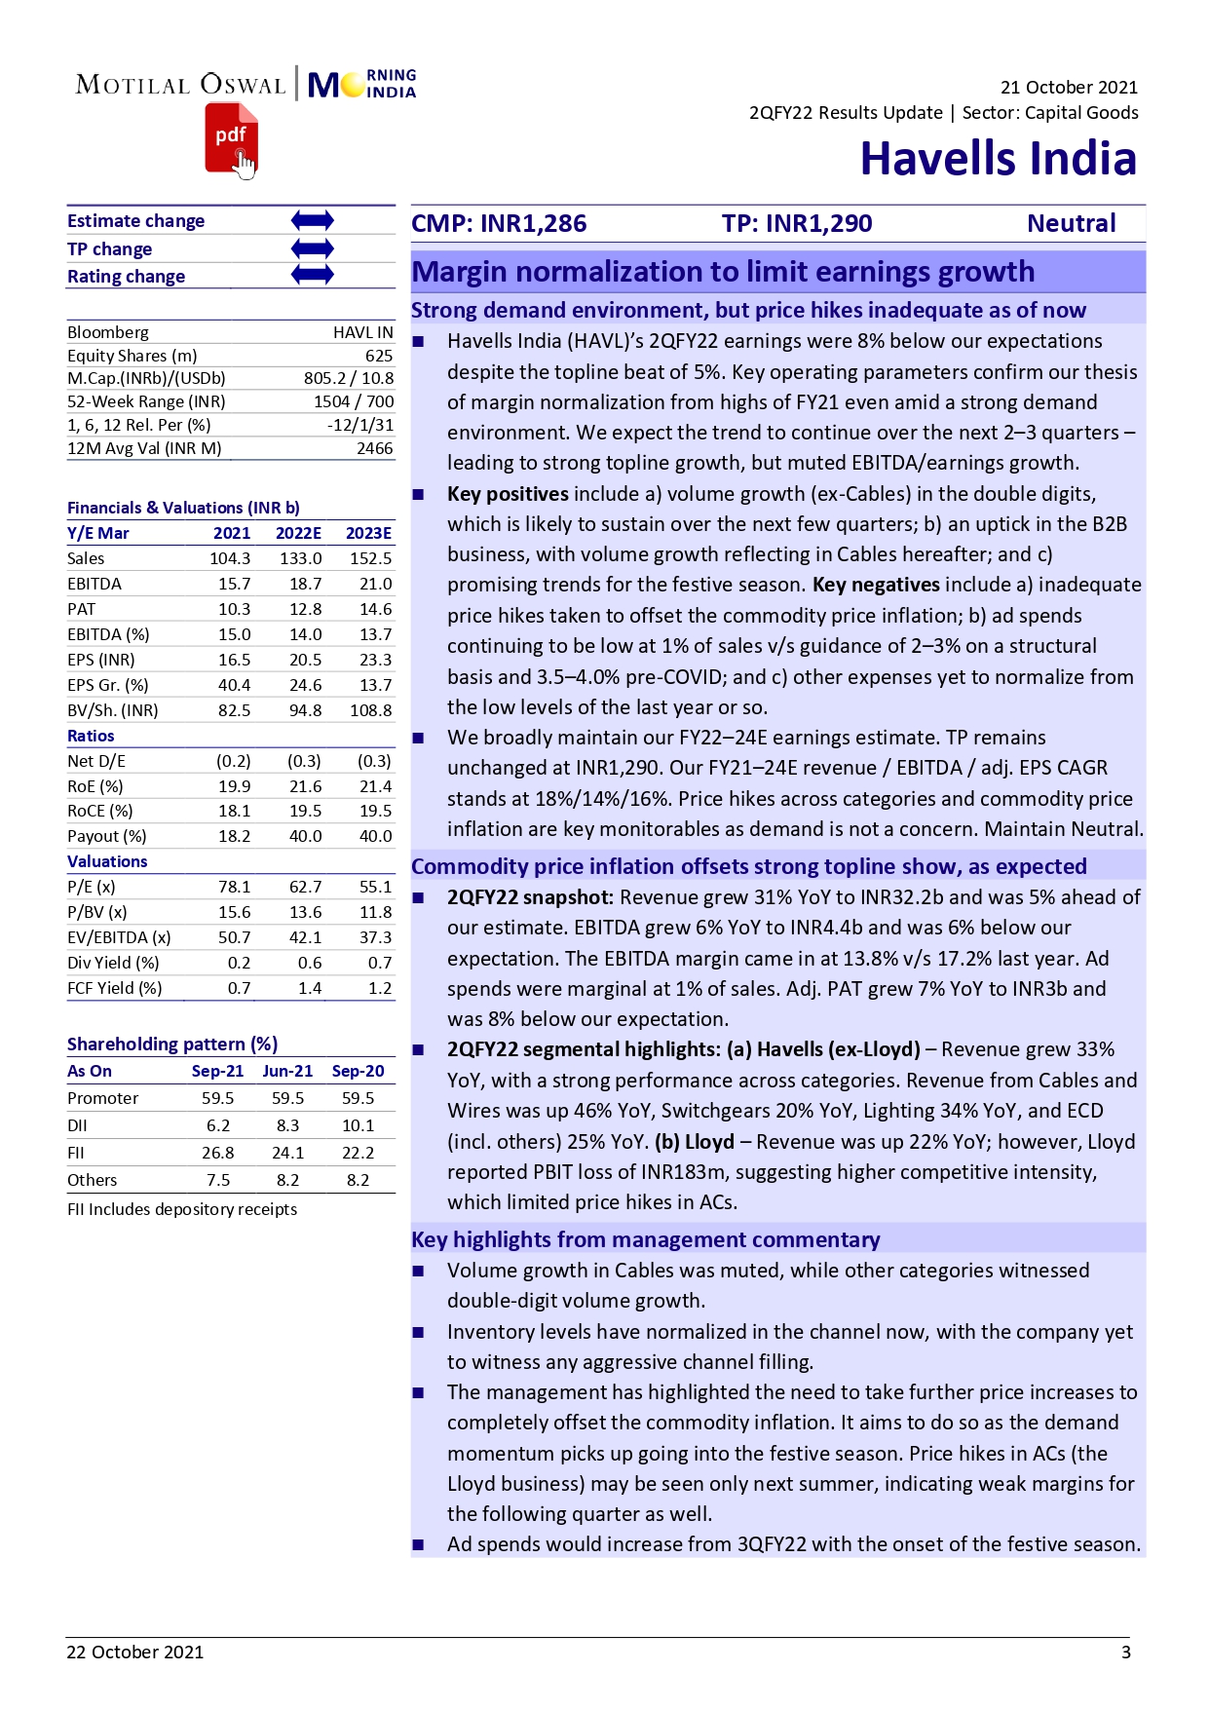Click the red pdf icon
[231, 139]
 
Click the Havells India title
[998, 159]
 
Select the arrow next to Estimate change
[312, 221]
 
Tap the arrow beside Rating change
[312, 276]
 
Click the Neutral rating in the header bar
[1071, 224]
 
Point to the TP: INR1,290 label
[796, 224]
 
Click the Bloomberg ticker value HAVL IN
[362, 332]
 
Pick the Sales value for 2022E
[300, 558]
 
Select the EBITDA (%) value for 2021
[234, 634]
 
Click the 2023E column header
[368, 533]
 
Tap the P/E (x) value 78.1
[234, 887]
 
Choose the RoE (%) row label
[94, 786]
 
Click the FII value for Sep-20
[358, 1153]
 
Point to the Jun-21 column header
[287, 1071]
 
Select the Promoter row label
[102, 1098]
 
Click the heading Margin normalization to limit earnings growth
[722, 272]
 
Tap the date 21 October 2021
[1068, 88]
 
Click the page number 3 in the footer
[1125, 1652]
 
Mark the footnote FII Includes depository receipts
[182, 1209]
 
